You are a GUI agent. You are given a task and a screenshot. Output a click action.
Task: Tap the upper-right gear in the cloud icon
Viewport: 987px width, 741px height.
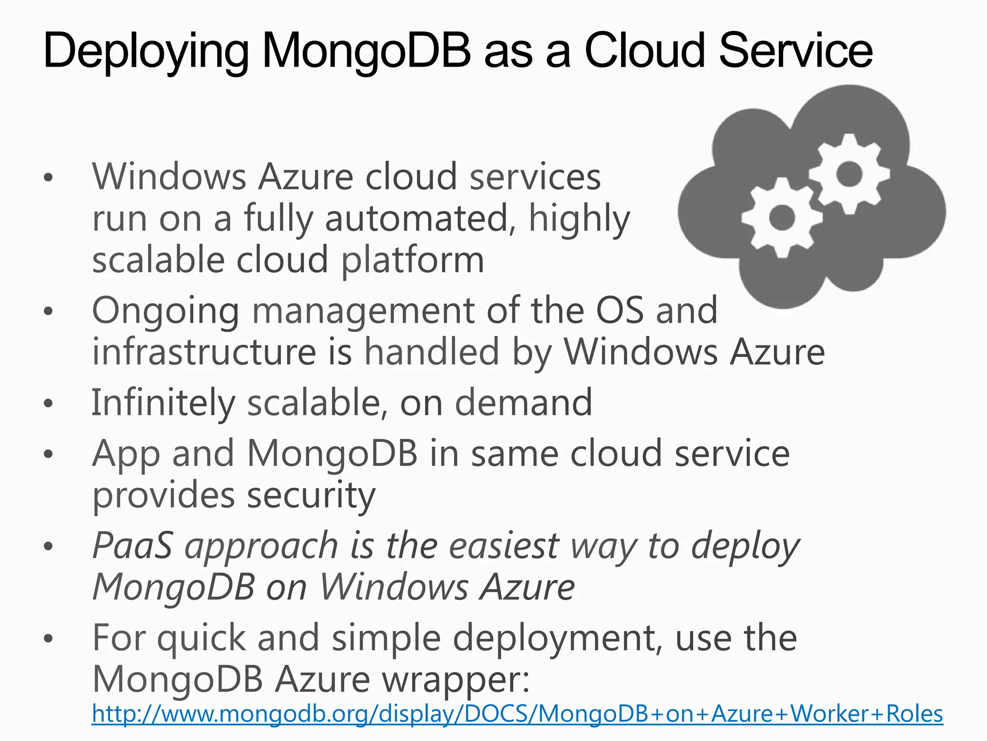click(x=849, y=174)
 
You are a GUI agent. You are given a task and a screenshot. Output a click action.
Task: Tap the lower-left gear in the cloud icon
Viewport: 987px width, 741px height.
click(x=782, y=218)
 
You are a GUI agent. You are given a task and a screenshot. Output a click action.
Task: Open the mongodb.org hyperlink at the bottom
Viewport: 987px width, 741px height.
click(x=517, y=714)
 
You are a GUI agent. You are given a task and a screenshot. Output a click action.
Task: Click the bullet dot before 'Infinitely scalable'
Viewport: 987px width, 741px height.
click(x=47, y=403)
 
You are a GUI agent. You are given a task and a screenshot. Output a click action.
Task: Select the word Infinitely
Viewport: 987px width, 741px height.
click(x=163, y=403)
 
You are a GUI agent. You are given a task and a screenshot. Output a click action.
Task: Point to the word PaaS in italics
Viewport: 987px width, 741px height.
click(x=132, y=546)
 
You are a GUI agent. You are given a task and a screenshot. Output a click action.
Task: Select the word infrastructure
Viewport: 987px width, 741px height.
click(x=204, y=352)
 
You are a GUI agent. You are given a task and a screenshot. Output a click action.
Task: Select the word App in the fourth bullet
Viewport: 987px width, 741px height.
click(x=126, y=454)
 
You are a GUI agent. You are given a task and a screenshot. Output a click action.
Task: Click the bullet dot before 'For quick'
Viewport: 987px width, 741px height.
click(x=47, y=639)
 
